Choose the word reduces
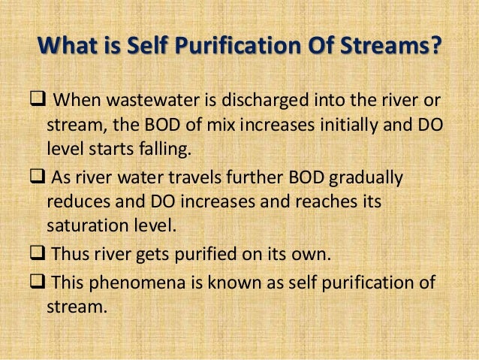coord(74,201)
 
